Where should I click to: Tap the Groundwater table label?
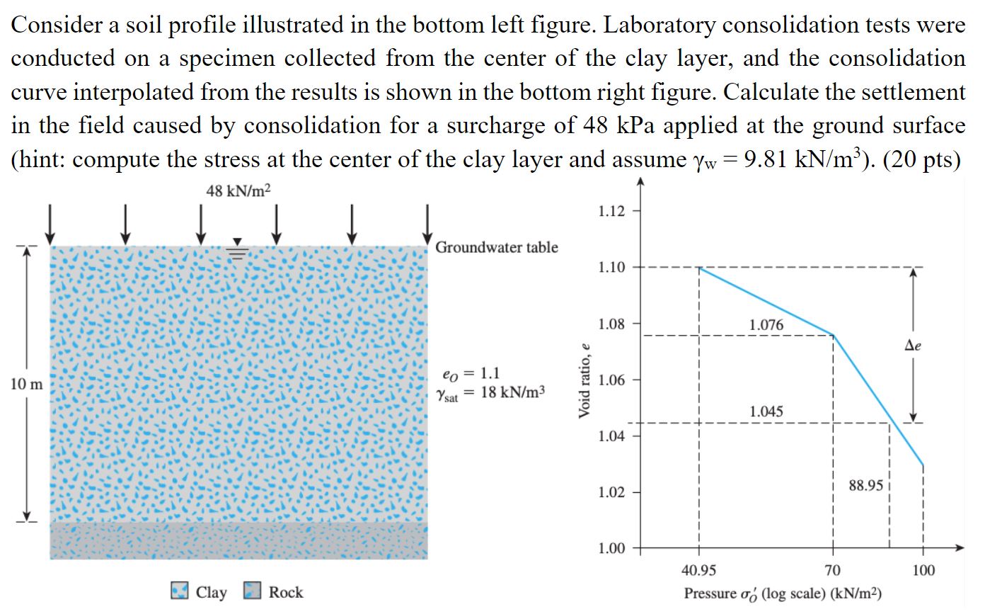pos(496,247)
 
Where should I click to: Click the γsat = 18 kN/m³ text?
pos(492,394)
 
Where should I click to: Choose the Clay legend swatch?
pos(180,591)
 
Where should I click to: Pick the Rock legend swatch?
pos(253,591)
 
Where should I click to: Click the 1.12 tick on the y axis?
pos(611,211)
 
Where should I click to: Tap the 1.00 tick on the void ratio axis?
pos(611,548)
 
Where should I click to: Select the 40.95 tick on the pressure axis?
pos(698,571)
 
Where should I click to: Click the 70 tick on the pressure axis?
pos(833,571)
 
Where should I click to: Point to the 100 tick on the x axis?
pos(923,571)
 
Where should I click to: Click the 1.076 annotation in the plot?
pos(766,325)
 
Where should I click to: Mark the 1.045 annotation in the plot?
pos(766,411)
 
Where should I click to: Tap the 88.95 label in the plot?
pos(865,485)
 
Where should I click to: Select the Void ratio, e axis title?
pos(584,380)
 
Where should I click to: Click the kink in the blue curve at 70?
pos(833,336)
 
